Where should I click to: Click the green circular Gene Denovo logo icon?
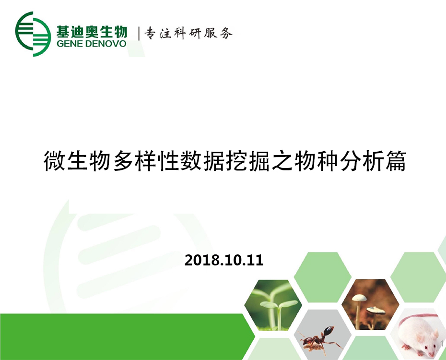click(x=33, y=34)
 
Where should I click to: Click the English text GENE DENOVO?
click(x=91, y=44)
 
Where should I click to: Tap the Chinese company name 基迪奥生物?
click(x=92, y=31)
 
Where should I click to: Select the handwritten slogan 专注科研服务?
click(x=188, y=33)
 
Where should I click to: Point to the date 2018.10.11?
click(x=224, y=260)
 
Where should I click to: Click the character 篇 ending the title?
click(x=396, y=161)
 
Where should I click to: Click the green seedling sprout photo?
click(x=273, y=305)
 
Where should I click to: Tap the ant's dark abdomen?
click(x=329, y=331)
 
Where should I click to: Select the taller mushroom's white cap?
click(x=359, y=298)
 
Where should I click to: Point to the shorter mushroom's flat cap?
click(x=376, y=310)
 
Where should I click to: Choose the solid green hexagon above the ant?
click(x=322, y=277)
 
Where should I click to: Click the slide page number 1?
click(x=442, y=344)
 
